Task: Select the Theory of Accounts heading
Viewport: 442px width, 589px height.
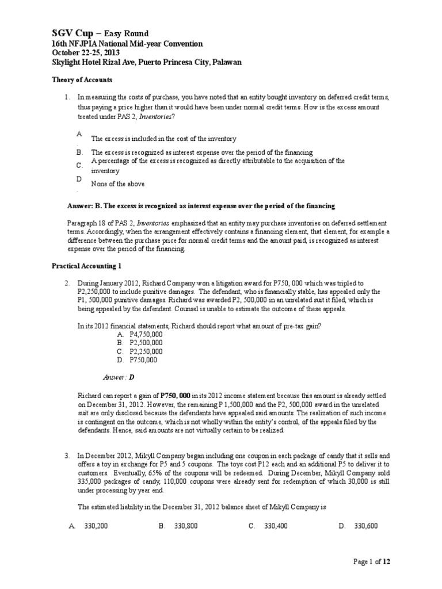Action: point(82,80)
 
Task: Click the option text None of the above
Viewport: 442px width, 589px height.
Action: point(118,184)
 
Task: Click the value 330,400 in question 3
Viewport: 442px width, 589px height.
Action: point(275,526)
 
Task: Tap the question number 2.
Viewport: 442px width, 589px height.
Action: point(67,284)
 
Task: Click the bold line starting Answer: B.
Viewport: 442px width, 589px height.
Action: point(201,206)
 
